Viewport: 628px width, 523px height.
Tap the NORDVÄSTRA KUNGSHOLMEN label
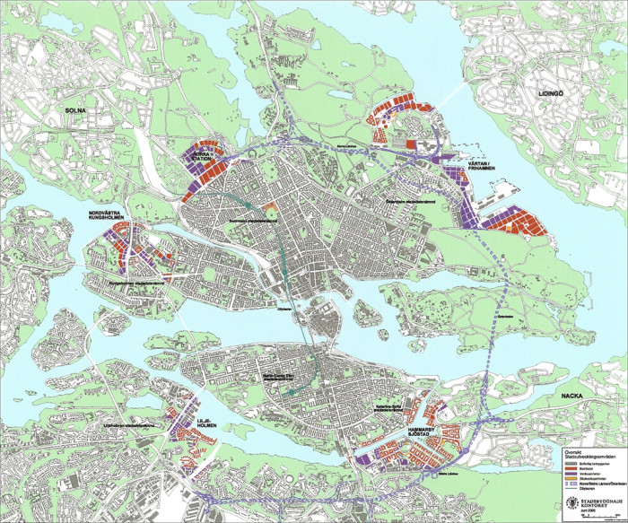tap(107, 217)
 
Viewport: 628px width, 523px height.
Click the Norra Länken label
tap(346, 144)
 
